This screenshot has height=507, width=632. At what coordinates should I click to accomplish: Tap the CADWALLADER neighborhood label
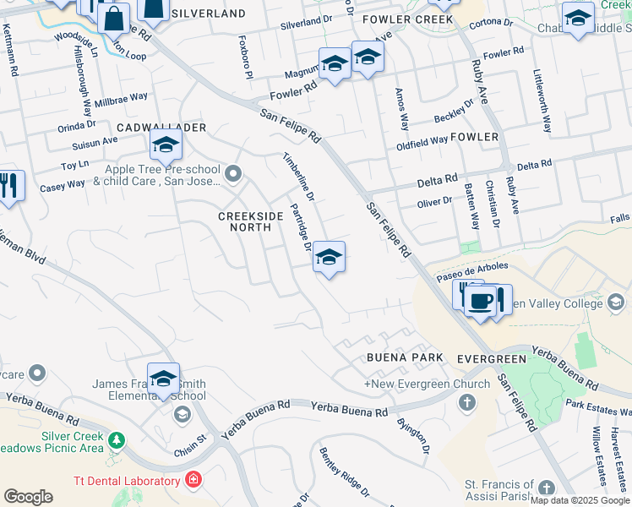161,127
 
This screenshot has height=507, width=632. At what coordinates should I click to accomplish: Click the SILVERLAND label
208,14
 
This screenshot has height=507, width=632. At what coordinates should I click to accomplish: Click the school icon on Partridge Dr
329,258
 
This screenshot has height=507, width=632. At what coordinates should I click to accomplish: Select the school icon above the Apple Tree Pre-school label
166,145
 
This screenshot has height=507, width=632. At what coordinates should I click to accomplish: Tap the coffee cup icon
481,301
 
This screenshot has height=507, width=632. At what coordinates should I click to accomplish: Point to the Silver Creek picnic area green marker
117,440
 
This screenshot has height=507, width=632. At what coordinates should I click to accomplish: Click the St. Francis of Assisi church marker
547,488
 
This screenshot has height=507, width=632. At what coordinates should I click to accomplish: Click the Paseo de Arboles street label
471,271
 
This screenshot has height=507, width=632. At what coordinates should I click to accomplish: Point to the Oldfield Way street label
422,140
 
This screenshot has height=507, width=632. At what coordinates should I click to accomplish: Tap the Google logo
28,497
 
